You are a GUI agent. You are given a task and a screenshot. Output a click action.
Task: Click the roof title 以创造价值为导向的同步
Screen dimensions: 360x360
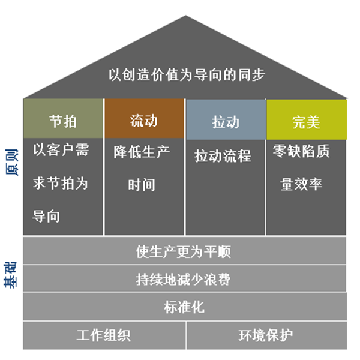click(187, 75)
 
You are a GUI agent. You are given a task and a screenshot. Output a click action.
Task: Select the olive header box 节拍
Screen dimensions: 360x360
click(63, 118)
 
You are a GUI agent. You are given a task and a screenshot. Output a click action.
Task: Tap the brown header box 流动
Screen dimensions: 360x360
click(145, 118)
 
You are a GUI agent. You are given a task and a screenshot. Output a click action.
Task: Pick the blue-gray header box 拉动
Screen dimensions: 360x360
click(226, 119)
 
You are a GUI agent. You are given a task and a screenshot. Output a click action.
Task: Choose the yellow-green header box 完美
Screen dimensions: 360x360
click(307, 119)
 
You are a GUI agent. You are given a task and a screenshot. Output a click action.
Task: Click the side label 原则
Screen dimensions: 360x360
click(11, 162)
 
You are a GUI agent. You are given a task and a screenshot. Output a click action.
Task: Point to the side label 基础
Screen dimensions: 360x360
click(11, 275)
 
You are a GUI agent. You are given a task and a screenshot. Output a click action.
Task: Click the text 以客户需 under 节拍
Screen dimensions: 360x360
click(61, 150)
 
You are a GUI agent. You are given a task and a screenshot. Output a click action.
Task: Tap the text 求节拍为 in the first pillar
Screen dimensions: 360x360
click(61, 183)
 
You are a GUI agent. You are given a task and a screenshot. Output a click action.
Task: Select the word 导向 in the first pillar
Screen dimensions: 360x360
click(46, 216)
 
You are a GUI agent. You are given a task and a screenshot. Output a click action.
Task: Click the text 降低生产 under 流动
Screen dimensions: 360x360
click(142, 152)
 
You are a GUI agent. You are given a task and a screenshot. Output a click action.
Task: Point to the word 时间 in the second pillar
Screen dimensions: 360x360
click(142, 185)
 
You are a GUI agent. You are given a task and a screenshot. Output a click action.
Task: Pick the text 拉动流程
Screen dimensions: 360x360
click(223, 156)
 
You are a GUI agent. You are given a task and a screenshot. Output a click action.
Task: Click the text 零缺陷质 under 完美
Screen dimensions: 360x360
click(301, 151)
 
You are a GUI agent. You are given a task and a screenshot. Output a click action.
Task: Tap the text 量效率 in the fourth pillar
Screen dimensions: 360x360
click(301, 184)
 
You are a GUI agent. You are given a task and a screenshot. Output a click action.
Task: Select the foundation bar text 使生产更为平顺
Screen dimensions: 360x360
click(184, 251)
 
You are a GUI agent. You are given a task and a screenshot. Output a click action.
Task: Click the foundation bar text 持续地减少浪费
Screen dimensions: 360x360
click(183, 279)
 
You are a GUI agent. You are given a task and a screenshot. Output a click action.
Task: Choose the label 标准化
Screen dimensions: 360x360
click(184, 307)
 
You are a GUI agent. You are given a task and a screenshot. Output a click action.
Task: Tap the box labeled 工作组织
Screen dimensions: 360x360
click(104, 335)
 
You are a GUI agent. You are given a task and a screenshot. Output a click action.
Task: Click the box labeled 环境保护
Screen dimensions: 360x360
click(266, 335)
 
